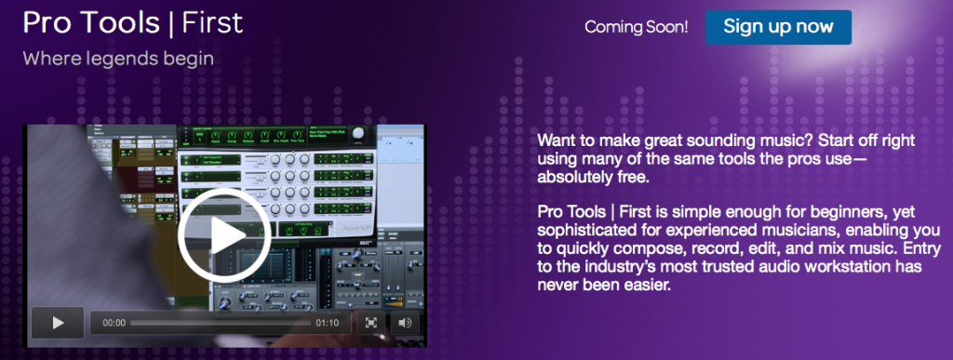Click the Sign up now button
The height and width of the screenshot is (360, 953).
click(778, 27)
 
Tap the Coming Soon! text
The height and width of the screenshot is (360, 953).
click(637, 27)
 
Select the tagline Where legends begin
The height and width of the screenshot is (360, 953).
click(118, 59)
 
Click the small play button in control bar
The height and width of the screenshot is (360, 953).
click(58, 323)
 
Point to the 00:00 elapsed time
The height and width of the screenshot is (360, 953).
click(114, 323)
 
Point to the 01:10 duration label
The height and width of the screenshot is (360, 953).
click(328, 323)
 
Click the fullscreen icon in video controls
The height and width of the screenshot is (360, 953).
click(370, 323)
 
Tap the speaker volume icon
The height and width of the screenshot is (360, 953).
click(404, 323)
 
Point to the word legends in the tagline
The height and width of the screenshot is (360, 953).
click(125, 59)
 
